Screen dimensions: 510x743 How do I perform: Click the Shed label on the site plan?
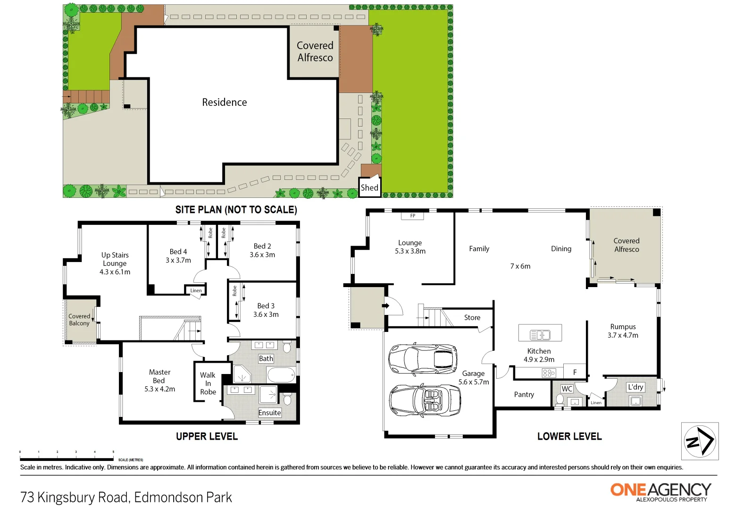click(x=369, y=187)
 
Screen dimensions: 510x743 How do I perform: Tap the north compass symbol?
click(x=700, y=441)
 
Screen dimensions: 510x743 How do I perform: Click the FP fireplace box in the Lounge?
click(x=412, y=216)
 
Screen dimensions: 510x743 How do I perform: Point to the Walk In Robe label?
click(x=208, y=383)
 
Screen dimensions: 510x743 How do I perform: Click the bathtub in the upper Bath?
click(x=281, y=375)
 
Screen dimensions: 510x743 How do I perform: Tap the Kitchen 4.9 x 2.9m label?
click(x=539, y=355)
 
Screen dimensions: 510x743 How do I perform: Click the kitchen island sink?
click(x=540, y=335)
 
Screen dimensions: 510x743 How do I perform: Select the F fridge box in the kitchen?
click(x=575, y=372)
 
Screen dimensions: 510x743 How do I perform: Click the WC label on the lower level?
click(x=567, y=389)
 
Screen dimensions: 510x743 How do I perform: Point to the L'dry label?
click(x=635, y=387)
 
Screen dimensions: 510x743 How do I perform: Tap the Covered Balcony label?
click(x=79, y=320)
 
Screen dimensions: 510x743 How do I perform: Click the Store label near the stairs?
click(x=472, y=317)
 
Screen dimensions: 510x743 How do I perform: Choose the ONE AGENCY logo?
click(x=660, y=491)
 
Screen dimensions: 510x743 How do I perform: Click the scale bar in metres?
click(x=67, y=459)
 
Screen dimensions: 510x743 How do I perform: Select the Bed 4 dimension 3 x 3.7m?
click(x=178, y=260)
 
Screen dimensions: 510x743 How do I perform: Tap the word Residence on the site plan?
click(x=224, y=102)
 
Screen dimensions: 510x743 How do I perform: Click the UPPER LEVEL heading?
click(x=207, y=436)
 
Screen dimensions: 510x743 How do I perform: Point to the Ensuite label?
click(x=269, y=413)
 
